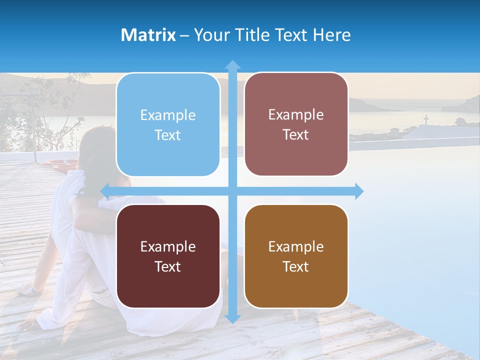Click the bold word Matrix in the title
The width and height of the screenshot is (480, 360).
pos(148,35)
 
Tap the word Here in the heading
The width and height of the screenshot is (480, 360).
pos(331,35)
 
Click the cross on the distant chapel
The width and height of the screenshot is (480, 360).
pos(426,119)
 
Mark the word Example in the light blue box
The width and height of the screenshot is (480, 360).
pos(168,115)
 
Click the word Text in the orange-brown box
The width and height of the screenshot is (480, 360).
pos(296,266)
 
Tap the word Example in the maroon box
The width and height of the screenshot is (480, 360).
pos(168,246)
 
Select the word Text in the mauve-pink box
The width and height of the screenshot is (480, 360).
pos(296,134)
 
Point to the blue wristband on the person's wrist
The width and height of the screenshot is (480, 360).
pos(36,289)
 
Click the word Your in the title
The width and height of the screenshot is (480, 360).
pos(209,35)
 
